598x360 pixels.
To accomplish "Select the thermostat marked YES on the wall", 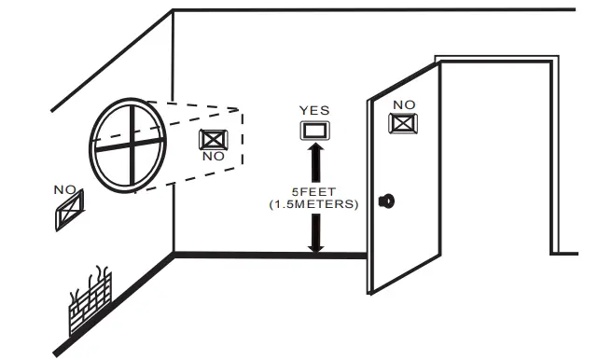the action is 314,129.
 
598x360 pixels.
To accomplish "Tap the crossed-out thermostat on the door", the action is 402,123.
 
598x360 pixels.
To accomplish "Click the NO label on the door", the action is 403,104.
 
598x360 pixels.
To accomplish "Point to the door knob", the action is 384,201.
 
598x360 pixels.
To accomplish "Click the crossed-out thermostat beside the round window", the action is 213,139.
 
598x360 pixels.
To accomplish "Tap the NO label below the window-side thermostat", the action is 213,157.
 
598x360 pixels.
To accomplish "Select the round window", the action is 128,144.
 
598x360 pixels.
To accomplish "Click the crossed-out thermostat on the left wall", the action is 69,210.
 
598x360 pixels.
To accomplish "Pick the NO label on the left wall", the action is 64,190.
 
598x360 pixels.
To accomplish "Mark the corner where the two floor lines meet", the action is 174,254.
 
